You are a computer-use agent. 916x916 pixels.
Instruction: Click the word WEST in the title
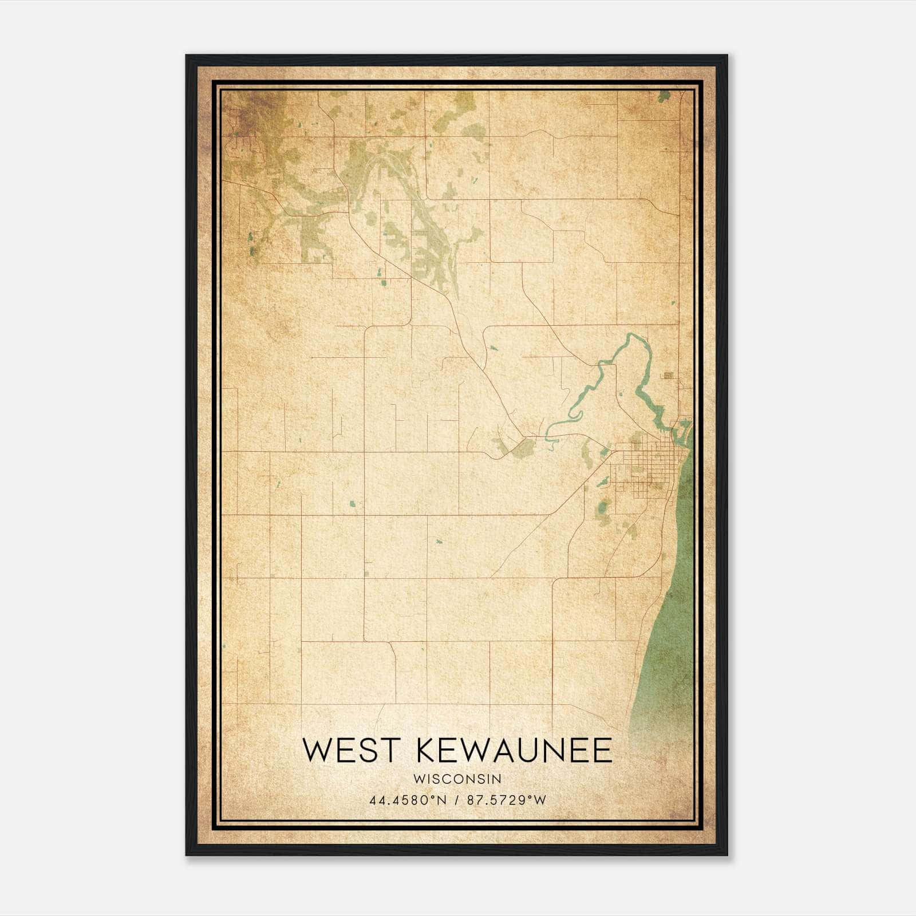pyautogui.click(x=350, y=750)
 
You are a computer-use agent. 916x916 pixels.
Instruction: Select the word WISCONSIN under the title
pyautogui.click(x=457, y=779)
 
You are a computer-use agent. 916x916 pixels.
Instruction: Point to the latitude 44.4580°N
pyautogui.click(x=407, y=800)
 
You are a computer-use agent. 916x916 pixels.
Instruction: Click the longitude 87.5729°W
pyautogui.click(x=507, y=800)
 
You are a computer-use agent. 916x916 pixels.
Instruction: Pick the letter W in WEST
pyautogui.click(x=315, y=750)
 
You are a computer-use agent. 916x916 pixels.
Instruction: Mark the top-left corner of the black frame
pyautogui.click(x=187, y=56)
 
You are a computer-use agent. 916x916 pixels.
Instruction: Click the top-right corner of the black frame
pyautogui.click(x=727, y=56)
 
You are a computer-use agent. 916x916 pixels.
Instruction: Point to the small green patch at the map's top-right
pyautogui.click(x=664, y=96)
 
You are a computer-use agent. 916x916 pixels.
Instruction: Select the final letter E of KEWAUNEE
pyautogui.click(x=602, y=750)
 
